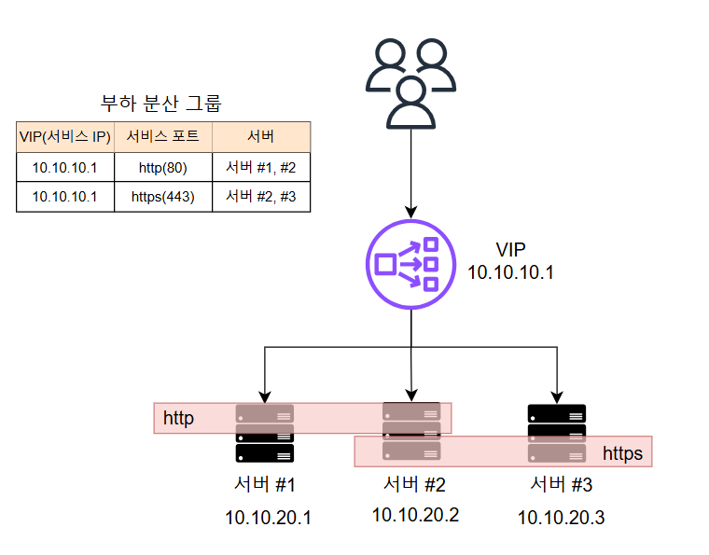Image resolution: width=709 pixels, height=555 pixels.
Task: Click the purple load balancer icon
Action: tap(411, 265)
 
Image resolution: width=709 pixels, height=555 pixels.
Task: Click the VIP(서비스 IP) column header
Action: tap(65, 137)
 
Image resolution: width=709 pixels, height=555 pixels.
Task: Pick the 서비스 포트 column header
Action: tap(163, 137)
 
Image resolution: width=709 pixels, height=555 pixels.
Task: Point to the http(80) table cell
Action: tap(163, 167)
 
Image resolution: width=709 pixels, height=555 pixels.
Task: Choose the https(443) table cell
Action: tap(163, 196)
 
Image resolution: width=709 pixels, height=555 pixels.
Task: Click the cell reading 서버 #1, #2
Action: tap(261, 167)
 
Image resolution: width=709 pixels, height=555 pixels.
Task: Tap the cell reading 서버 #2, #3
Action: tap(261, 196)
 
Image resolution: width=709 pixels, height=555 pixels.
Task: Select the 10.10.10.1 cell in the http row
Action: tap(65, 167)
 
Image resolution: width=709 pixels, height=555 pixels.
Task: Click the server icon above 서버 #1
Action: tap(265, 434)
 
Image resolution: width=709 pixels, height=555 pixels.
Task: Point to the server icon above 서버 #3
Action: tap(557, 433)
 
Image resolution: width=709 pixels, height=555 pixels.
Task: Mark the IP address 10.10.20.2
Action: tap(415, 514)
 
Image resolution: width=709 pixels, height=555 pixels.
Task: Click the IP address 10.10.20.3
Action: tap(562, 517)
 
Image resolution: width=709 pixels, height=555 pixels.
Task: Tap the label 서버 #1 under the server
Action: tap(265, 485)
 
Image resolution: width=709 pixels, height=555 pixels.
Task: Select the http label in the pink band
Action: tap(178, 418)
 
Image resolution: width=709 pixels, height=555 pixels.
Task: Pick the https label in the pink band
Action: tap(622, 454)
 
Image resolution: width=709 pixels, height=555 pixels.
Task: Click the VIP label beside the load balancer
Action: tap(510, 251)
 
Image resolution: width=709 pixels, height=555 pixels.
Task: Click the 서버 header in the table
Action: tap(261, 137)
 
